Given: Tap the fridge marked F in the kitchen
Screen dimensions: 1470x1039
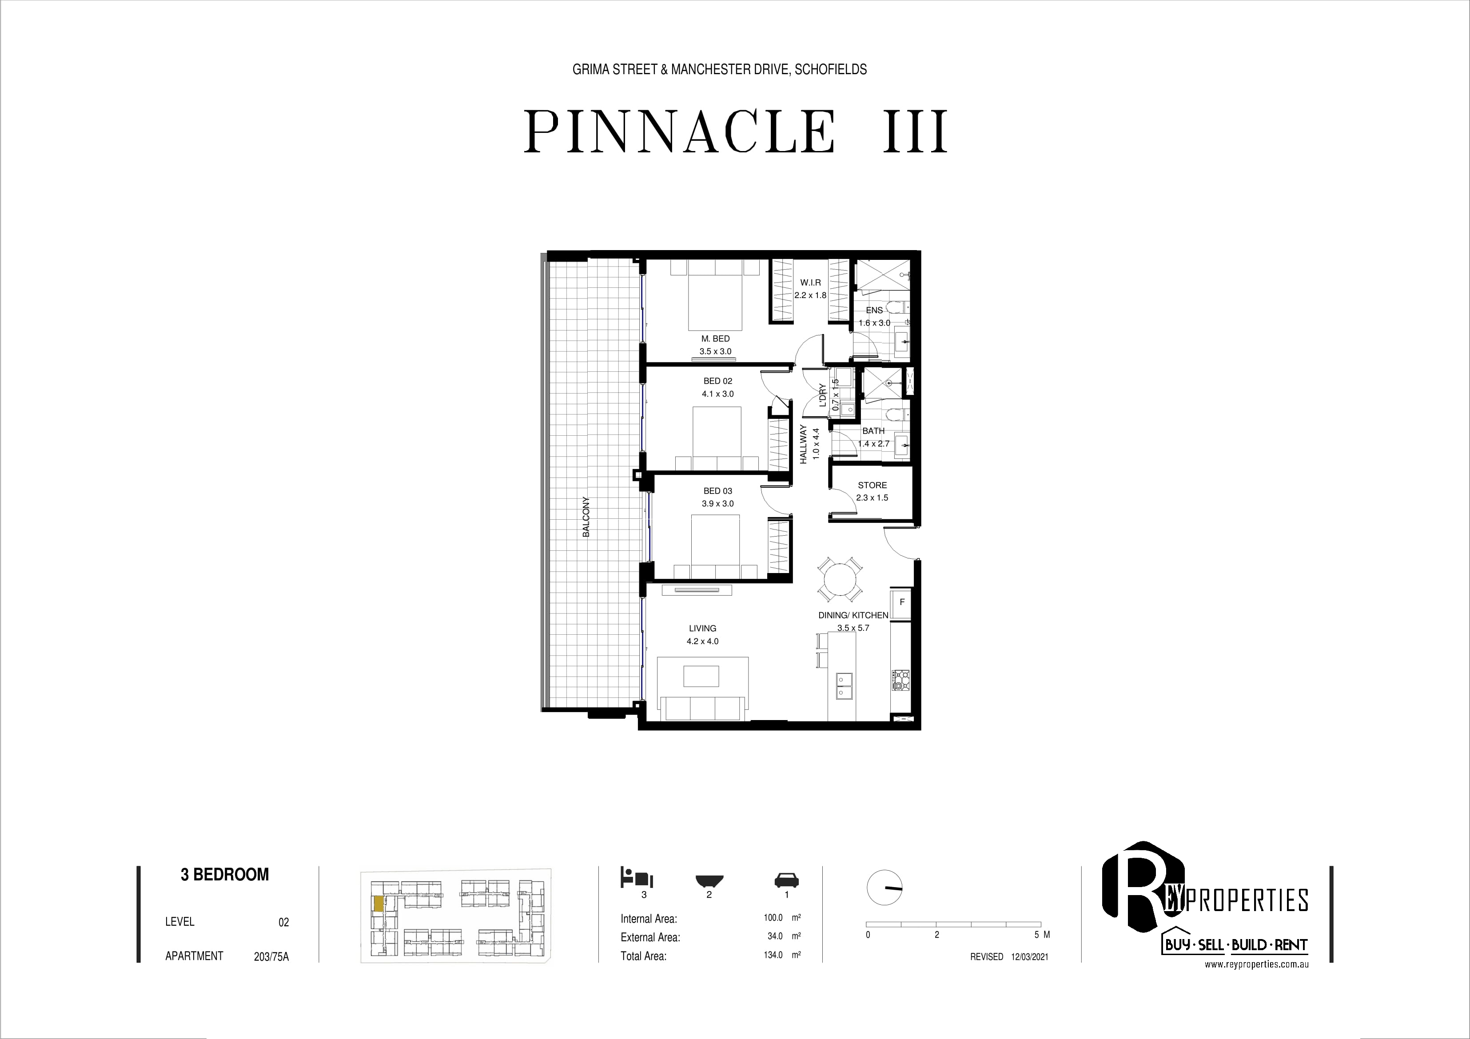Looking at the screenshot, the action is tap(901, 602).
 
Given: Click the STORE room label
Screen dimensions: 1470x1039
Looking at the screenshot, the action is tap(872, 485).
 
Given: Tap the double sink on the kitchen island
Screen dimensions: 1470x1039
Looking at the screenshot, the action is tap(843, 685).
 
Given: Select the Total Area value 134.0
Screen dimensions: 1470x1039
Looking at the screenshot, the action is tap(773, 955).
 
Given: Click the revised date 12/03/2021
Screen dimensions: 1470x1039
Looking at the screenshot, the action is tap(1029, 956).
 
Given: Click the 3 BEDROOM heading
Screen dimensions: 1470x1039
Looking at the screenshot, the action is tap(225, 875).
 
